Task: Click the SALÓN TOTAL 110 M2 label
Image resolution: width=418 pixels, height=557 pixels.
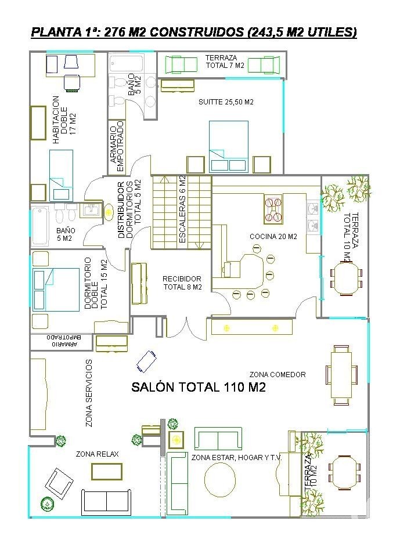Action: tap(199, 387)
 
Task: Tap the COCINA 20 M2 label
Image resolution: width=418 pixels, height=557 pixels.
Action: tap(273, 237)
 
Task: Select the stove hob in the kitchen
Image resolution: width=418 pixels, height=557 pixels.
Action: tap(273, 209)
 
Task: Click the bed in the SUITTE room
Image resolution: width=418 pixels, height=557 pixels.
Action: tap(228, 146)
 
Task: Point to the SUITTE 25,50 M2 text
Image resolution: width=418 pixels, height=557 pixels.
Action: tap(226, 102)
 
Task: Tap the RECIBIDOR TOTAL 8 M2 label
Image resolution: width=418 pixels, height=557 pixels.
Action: tap(182, 283)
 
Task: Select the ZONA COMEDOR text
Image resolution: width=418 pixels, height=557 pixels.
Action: tap(278, 374)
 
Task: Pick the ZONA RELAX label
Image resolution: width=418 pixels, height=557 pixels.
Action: tap(97, 454)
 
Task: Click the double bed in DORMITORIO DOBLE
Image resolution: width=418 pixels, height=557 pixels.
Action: tap(56, 290)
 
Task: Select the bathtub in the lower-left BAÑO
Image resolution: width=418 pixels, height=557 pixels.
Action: tap(39, 226)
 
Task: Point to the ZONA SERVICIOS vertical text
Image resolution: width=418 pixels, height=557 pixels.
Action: tap(89, 393)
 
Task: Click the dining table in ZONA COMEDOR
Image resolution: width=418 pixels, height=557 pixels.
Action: tap(341, 375)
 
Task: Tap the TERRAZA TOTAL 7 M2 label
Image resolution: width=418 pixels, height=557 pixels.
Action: tap(225, 62)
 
